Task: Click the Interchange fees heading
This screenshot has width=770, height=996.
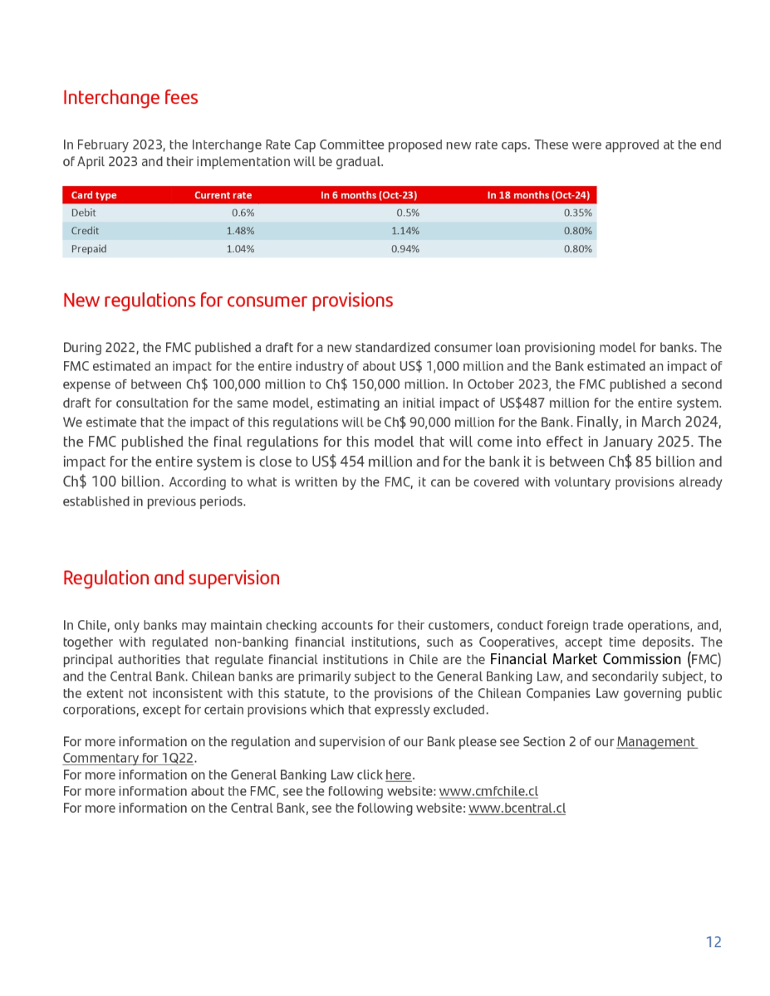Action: pos(130,98)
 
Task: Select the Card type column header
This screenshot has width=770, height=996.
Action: pos(94,195)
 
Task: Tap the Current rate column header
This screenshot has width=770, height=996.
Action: pos(223,195)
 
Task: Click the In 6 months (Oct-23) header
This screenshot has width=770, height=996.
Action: pos(369,195)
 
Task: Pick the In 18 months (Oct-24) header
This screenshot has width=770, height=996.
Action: pos(538,195)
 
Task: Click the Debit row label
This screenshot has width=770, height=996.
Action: pos(84,213)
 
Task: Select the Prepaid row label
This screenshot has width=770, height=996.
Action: pos(89,249)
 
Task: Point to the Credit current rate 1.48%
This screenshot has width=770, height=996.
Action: pos(240,231)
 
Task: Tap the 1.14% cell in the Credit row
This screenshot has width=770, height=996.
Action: pos(405,231)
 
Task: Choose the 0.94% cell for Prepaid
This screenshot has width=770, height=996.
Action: pos(405,249)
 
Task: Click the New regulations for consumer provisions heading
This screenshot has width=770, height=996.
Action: pos(228,300)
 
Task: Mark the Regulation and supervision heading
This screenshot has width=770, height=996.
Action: pos(171,579)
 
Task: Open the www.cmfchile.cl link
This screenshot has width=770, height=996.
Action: pos(488,792)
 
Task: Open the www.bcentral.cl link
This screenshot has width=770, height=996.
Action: pos(517,808)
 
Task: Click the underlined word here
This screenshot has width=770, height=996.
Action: pos(399,775)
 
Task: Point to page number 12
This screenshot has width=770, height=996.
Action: pos(714,942)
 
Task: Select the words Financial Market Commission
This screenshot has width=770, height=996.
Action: pos(586,660)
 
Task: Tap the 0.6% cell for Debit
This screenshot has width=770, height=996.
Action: pos(243,213)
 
